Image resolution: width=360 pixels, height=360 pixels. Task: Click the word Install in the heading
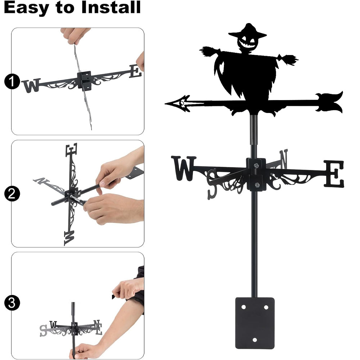pyautogui.click(x=111, y=7)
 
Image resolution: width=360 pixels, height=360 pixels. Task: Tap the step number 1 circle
pyautogui.click(x=12, y=81)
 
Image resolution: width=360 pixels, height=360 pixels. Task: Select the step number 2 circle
pyautogui.click(x=12, y=194)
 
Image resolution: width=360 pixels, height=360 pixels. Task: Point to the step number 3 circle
pyautogui.click(x=12, y=303)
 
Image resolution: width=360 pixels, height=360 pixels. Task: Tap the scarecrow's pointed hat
pyautogui.click(x=248, y=31)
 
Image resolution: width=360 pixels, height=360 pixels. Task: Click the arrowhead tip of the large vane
pyautogui.click(x=166, y=104)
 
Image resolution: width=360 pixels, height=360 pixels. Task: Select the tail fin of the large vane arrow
pyautogui.click(x=329, y=102)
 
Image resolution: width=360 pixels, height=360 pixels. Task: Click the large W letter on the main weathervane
pyautogui.click(x=184, y=168)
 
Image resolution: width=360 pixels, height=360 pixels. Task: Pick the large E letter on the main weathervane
pyautogui.click(x=334, y=174)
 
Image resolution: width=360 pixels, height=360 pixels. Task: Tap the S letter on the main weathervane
pyautogui.click(x=212, y=184)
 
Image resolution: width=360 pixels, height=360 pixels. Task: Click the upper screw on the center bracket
pyautogui.click(x=256, y=165)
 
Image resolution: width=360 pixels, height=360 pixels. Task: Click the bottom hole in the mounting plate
pyautogui.click(x=255, y=339)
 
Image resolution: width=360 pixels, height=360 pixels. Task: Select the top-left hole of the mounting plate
pyautogui.click(x=244, y=307)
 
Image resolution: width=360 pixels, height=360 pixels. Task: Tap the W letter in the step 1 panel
pyautogui.click(x=31, y=85)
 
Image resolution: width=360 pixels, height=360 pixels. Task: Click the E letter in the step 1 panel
pyautogui.click(x=135, y=71)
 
